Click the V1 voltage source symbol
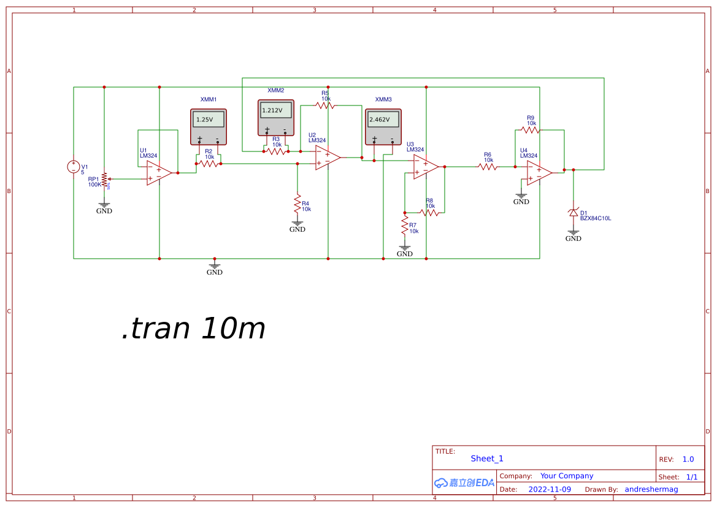(x=74, y=167)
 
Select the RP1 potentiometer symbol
(x=104, y=179)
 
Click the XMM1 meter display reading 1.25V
(x=209, y=120)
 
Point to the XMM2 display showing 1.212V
(x=275, y=110)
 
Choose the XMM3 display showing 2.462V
(x=383, y=120)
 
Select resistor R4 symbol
(x=297, y=202)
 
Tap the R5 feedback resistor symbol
(x=326, y=105)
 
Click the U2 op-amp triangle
(x=328, y=158)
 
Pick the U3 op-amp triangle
(x=426, y=167)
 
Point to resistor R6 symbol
(x=488, y=167)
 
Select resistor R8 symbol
(x=430, y=213)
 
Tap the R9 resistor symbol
(x=531, y=130)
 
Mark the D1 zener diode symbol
(x=573, y=213)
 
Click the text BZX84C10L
(x=596, y=218)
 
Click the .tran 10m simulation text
(x=194, y=329)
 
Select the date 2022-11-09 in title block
(x=550, y=489)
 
